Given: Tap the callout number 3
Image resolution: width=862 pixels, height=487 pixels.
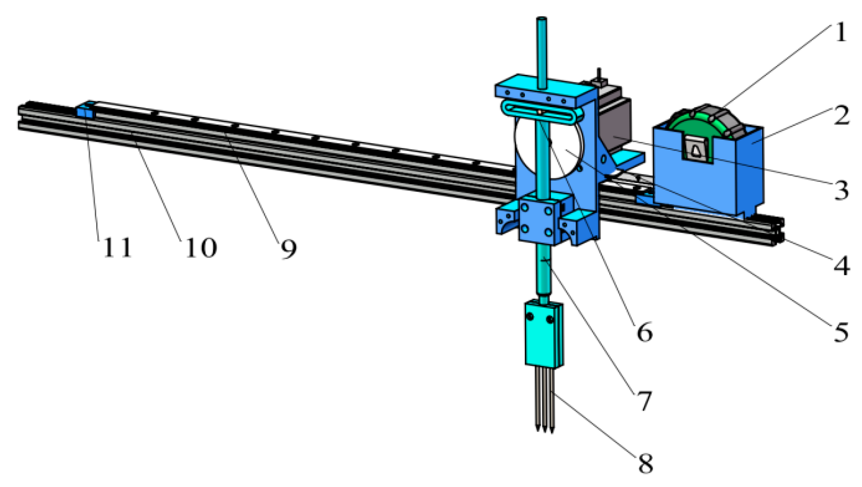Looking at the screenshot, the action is (x=841, y=190).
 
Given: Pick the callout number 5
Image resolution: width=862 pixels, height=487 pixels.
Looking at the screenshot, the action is (x=841, y=332).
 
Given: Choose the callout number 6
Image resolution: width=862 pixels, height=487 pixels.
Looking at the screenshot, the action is (x=644, y=332).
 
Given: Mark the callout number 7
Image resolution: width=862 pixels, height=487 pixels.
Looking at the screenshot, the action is (x=644, y=400).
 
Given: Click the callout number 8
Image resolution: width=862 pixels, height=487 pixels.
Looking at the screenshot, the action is (x=645, y=463).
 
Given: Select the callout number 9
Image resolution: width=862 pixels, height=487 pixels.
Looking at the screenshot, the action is (x=288, y=249).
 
